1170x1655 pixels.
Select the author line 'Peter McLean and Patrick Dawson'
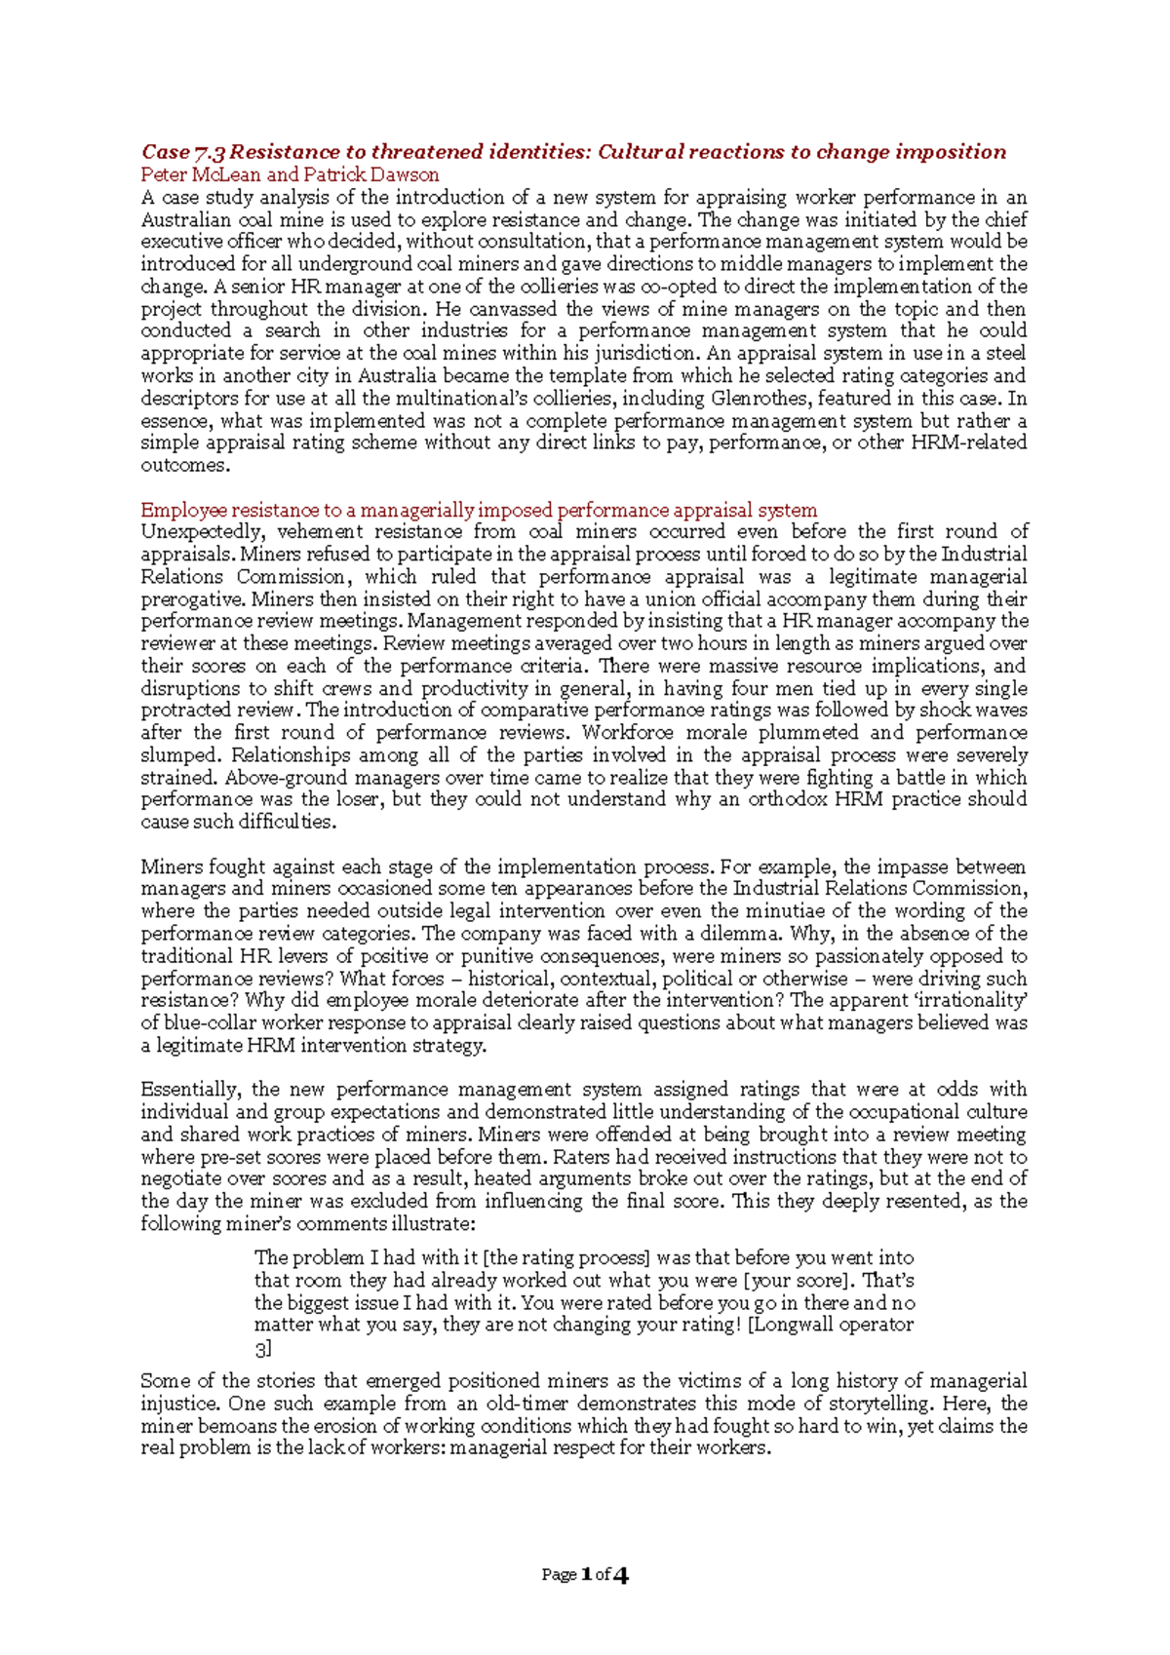[x=290, y=175]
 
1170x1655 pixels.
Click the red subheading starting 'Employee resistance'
[x=478, y=510]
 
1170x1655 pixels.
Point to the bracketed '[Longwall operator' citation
[x=831, y=1326]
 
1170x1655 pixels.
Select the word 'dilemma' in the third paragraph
[x=741, y=934]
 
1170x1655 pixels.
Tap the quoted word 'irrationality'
[x=964, y=1001]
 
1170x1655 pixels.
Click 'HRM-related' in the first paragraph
[x=969, y=443]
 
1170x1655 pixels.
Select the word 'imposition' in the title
[x=952, y=152]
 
